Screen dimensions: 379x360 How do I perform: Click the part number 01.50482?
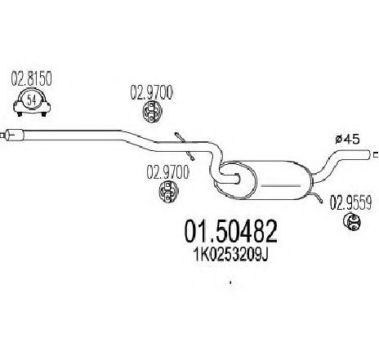(231, 232)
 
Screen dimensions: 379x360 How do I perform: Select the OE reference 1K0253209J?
(230, 255)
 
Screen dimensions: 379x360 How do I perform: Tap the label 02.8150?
(31, 79)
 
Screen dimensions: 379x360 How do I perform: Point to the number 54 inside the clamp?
(32, 101)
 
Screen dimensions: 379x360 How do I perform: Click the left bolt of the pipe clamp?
(20, 113)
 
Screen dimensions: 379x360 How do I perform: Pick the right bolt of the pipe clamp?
(43, 113)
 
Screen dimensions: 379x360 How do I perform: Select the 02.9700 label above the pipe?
(151, 93)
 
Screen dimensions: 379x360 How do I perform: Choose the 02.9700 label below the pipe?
(167, 172)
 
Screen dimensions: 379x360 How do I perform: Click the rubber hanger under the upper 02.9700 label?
(153, 112)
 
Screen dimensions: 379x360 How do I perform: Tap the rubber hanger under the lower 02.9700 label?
(168, 192)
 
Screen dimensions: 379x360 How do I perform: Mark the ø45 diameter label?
(347, 140)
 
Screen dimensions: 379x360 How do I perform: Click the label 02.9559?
(351, 203)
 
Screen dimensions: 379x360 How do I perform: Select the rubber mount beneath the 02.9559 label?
(352, 222)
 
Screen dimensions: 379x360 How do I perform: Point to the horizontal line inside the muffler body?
(280, 186)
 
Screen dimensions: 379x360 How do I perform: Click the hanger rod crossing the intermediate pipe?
(185, 146)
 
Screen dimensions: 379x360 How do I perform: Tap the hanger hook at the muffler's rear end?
(317, 196)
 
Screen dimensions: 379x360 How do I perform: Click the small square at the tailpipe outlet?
(376, 155)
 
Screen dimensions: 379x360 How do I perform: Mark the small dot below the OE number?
(231, 283)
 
